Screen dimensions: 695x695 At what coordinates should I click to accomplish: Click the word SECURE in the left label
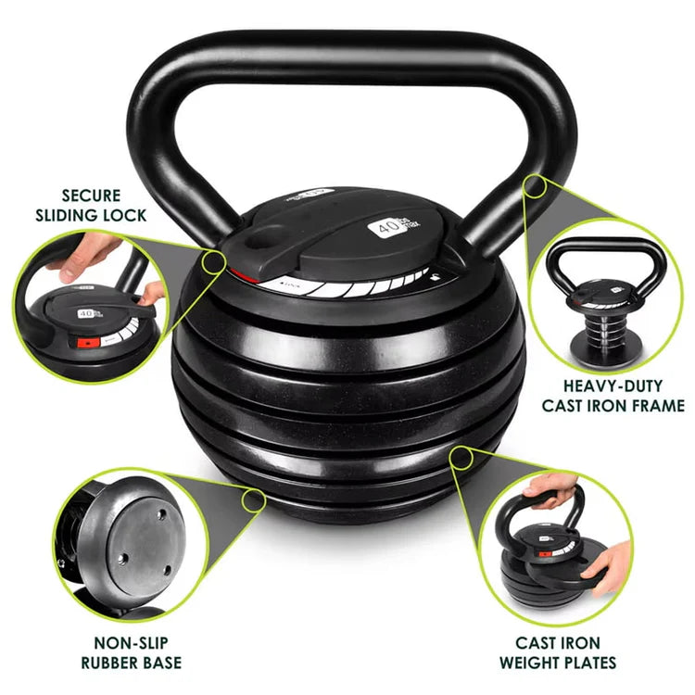[91, 196]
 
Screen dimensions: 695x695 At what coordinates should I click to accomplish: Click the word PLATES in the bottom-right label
[586, 662]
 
